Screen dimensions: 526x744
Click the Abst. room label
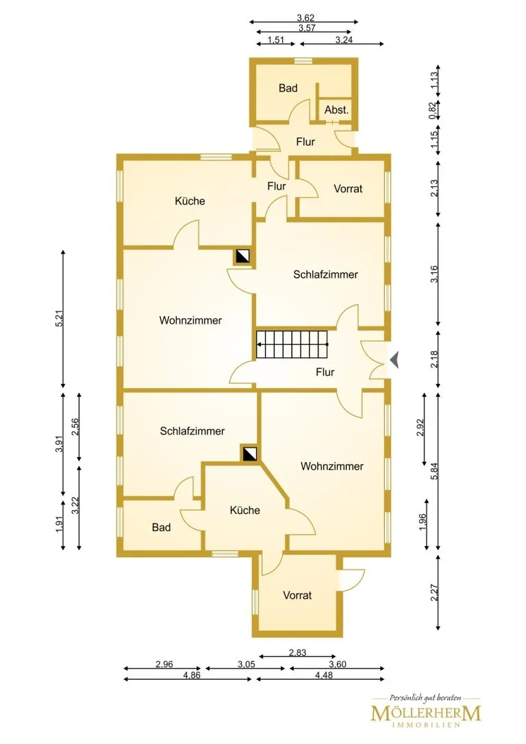click(336, 110)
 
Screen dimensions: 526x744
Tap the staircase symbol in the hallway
click(292, 344)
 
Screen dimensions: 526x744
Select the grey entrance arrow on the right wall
click(394, 359)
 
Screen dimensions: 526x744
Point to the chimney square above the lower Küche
click(250, 454)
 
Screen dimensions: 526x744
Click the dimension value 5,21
click(59, 318)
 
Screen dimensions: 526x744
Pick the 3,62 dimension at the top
click(305, 18)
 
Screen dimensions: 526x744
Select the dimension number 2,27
click(434, 593)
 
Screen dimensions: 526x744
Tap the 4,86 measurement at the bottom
click(192, 675)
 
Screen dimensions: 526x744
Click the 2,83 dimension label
click(298, 652)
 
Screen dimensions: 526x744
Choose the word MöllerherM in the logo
click(426, 713)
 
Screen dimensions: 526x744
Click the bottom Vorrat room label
click(297, 595)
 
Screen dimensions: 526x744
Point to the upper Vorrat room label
click(348, 188)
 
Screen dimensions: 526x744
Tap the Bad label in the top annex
click(288, 88)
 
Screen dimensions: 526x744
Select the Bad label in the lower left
click(162, 527)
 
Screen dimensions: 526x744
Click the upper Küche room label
click(190, 201)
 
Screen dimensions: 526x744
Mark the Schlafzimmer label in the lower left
click(192, 431)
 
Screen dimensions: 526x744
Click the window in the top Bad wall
click(302, 61)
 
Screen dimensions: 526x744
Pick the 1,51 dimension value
click(276, 40)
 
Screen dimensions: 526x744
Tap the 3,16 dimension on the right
click(434, 274)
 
